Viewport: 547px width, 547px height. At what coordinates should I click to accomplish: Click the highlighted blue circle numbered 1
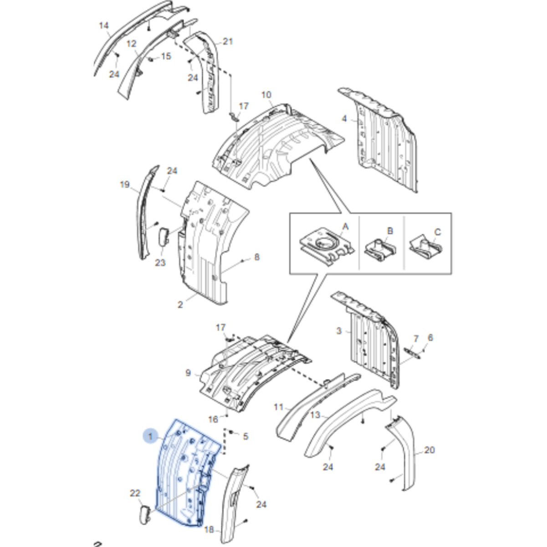click(150, 436)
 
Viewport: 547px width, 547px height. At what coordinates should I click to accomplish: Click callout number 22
click(135, 493)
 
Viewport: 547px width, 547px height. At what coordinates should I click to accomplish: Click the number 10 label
click(266, 95)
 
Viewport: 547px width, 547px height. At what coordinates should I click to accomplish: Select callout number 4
click(344, 118)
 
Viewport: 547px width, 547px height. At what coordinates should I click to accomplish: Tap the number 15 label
click(166, 56)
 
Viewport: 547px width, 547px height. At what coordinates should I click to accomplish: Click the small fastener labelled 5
click(231, 432)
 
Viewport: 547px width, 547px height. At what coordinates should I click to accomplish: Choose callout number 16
click(213, 419)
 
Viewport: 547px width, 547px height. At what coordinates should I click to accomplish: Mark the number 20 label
click(429, 450)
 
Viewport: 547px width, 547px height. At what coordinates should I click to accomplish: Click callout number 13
click(315, 415)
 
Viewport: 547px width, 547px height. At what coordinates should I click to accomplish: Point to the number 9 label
click(188, 373)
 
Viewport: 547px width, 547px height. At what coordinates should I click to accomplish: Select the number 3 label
click(339, 331)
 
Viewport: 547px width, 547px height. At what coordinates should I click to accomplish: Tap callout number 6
click(430, 337)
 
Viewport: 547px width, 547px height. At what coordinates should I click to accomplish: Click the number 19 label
click(125, 184)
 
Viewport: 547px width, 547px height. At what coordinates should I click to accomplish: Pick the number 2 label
click(180, 305)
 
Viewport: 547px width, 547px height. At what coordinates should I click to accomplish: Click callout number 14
click(104, 26)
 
